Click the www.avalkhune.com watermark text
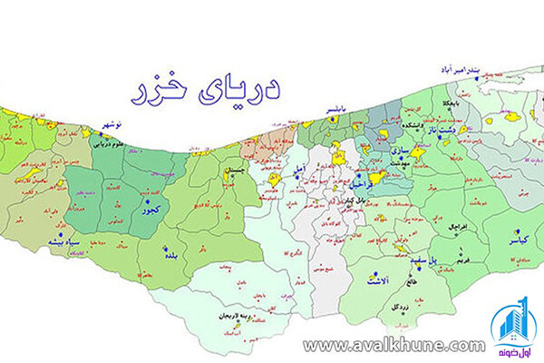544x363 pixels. pos(394,345)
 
